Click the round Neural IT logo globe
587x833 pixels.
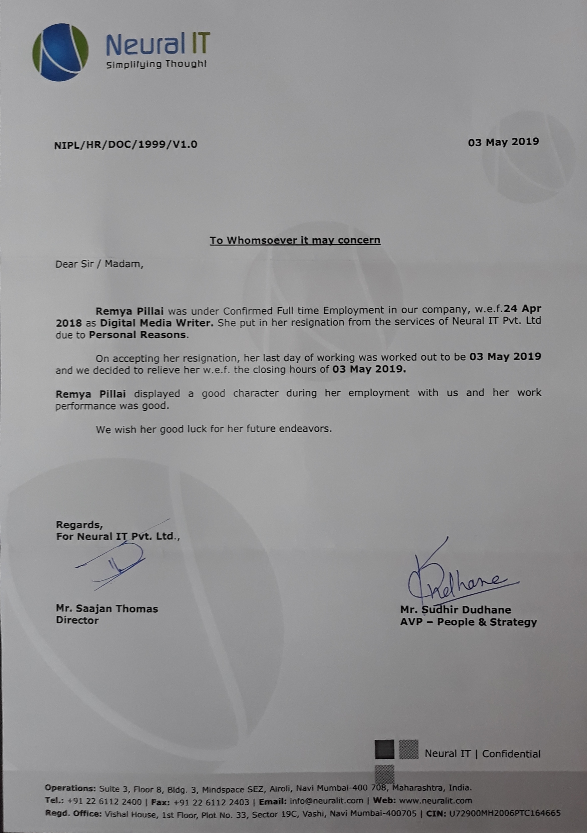coord(60,52)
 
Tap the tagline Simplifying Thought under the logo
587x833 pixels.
coord(156,64)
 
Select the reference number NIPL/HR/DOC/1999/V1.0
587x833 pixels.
coord(126,144)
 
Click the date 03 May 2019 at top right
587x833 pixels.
coord(503,142)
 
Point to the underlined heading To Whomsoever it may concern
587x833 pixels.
coord(295,240)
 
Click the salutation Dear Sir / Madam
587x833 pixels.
coord(99,264)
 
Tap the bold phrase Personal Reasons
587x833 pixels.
coord(138,335)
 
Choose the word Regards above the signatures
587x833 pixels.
coord(79,524)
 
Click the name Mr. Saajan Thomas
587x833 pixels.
coord(107,608)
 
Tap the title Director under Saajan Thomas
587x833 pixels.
coord(77,620)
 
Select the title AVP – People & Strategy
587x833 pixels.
coord(468,622)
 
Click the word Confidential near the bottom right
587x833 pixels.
coord(511,754)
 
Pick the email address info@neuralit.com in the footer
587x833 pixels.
coord(326,800)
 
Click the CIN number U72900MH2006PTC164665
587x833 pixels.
coord(505,813)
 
